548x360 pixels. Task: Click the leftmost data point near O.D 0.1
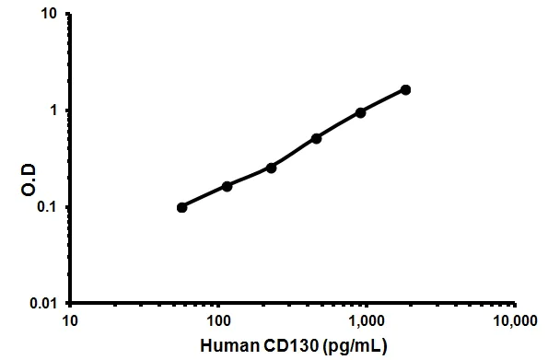[181, 207]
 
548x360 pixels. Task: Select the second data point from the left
[227, 186]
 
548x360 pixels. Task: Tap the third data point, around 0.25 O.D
[271, 168]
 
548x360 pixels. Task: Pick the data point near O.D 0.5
[316, 138]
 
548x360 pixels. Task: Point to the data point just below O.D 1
[360, 112]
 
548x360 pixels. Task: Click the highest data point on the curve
[405, 89]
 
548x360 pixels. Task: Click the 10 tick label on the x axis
[71, 322]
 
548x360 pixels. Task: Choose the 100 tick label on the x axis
[219, 322]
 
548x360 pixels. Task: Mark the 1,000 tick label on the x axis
[367, 322]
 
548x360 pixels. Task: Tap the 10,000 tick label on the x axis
[512, 322]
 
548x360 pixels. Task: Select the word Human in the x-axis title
[227, 346]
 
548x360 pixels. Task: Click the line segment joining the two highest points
[383, 100]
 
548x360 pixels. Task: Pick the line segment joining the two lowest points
[204, 197]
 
